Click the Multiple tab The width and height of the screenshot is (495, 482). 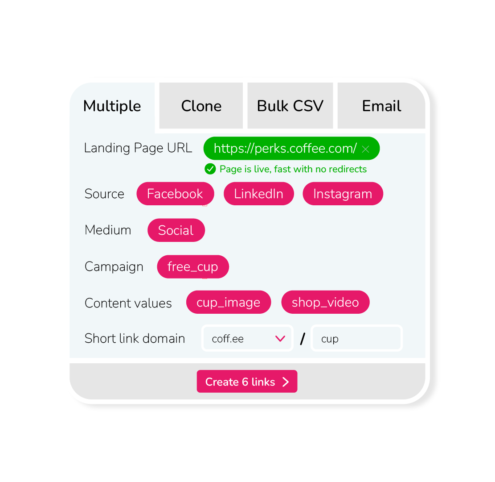point(112,106)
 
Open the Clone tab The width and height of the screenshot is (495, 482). point(201,106)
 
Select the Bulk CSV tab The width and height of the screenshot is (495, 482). point(290,106)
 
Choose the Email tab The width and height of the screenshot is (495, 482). point(381,106)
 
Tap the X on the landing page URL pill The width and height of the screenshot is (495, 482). point(365,149)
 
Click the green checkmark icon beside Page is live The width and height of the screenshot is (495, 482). point(210,169)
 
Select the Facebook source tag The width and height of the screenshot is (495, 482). point(175,194)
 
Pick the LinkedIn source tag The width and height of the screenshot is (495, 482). point(258,194)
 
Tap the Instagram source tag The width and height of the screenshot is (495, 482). point(343,194)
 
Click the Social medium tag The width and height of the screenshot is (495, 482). point(176,230)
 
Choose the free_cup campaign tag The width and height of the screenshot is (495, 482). point(192,267)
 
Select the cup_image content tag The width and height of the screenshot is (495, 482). point(228,303)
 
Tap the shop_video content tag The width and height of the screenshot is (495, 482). point(325,303)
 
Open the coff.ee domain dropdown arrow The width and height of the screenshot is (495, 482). point(280,339)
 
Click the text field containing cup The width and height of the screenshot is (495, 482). point(356,339)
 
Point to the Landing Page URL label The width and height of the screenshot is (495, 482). point(138,148)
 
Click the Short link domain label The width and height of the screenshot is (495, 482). point(135,339)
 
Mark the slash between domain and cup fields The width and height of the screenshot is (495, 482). point(303,339)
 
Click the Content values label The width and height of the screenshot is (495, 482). point(128,303)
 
